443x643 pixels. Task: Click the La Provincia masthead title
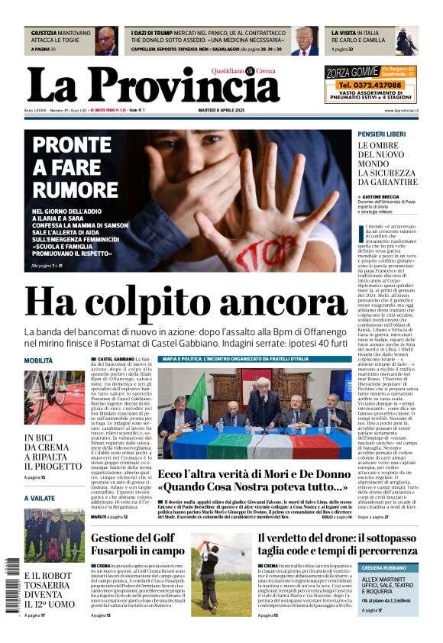pyautogui.click(x=153, y=86)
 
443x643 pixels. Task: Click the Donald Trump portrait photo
pyautogui.click(x=305, y=40)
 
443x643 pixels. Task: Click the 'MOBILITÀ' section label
pyautogui.click(x=38, y=360)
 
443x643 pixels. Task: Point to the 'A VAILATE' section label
pyautogui.click(x=40, y=497)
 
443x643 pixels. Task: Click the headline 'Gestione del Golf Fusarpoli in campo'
pyautogui.click(x=137, y=544)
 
